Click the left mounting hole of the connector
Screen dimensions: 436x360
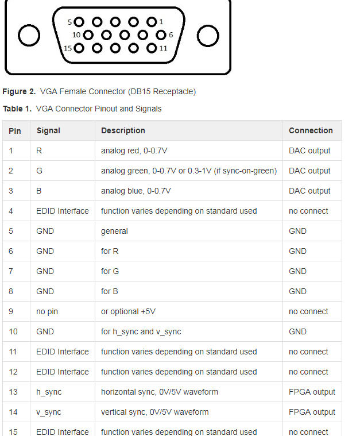point(29,36)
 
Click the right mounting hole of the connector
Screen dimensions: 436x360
point(207,36)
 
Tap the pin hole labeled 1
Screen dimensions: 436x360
point(152,22)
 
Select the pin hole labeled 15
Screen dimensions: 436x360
point(79,48)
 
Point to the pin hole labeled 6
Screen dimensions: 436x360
point(160,35)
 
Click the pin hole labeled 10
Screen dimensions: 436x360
point(87,35)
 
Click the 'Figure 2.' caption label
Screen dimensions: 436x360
point(19,91)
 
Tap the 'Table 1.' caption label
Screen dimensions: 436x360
point(17,109)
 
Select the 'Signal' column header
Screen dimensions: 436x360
point(48,130)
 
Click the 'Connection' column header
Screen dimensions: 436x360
point(311,130)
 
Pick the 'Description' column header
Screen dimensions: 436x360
point(123,130)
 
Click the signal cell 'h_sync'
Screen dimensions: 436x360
point(49,392)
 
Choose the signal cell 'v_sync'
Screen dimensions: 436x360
point(49,412)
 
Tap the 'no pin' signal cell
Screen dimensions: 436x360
point(47,311)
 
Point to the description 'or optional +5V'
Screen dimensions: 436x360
point(128,311)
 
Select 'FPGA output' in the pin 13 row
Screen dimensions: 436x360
point(312,392)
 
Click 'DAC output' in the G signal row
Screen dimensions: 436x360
point(309,171)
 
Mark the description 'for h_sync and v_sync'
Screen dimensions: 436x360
point(141,331)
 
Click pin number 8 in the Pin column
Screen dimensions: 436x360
point(11,291)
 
